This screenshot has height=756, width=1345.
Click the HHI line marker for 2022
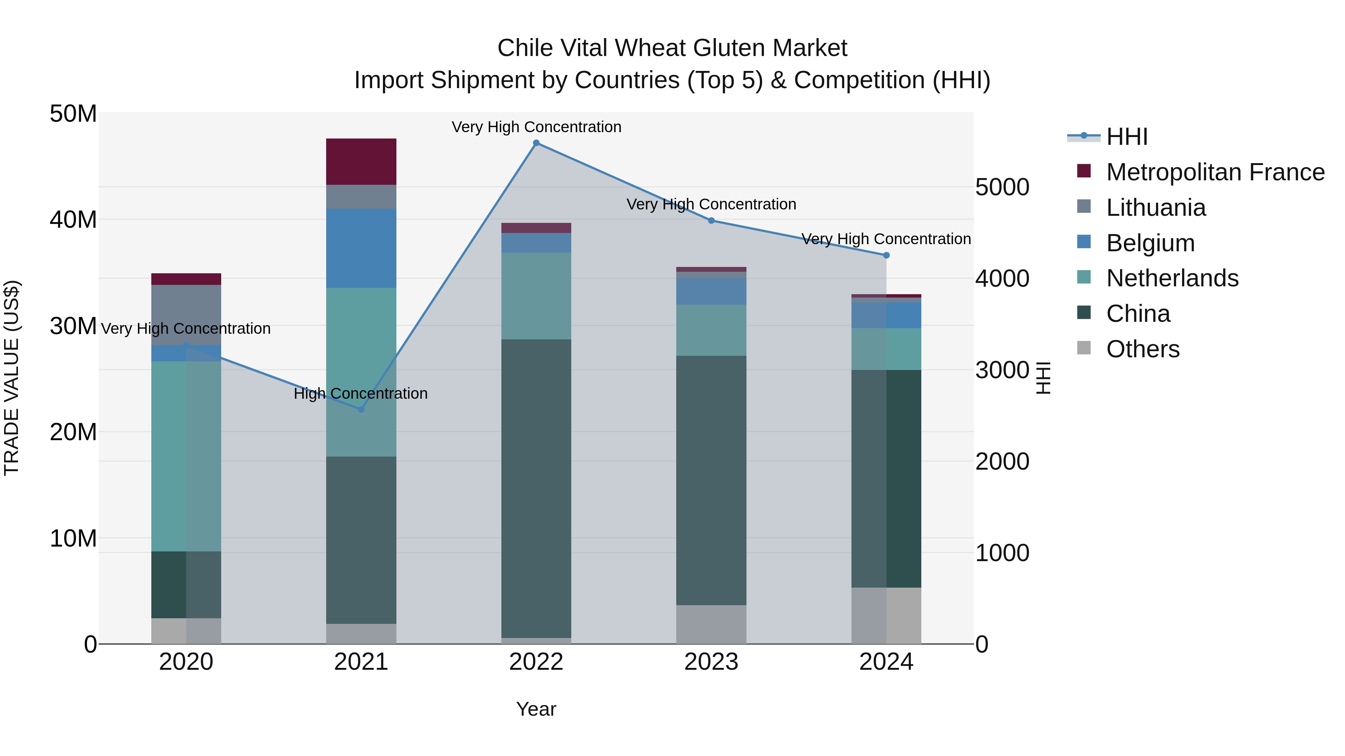(536, 143)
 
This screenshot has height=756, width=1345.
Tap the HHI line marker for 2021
(361, 409)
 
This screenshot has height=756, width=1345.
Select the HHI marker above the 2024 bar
(886, 255)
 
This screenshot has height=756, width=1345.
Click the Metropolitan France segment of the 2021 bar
(361, 161)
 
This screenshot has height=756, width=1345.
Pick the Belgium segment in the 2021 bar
(361, 248)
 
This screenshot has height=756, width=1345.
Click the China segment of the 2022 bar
(536, 488)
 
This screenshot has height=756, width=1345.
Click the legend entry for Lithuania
(1156, 208)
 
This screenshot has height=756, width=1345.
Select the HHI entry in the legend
(1126, 137)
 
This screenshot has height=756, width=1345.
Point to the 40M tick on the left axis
(73, 220)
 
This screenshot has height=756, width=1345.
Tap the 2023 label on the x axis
(711, 662)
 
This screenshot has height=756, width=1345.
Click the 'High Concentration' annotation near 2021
(361, 393)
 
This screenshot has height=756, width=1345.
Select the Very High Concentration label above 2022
(536, 127)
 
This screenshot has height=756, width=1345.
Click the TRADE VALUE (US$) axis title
(12, 378)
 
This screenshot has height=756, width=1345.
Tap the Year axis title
(536, 709)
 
